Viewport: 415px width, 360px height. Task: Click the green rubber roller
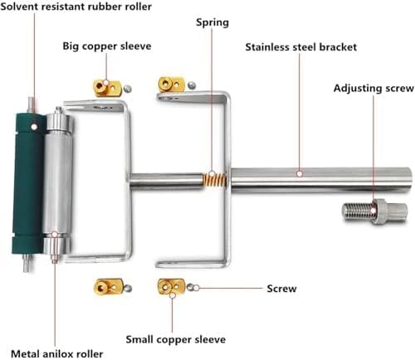27,182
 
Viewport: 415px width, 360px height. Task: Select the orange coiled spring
215,180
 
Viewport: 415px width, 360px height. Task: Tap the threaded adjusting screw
375,212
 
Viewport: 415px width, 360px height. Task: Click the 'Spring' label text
212,22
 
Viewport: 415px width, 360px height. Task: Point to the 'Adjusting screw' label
373,88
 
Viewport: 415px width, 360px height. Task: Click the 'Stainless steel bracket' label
301,47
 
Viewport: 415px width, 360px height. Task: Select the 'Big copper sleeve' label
107,46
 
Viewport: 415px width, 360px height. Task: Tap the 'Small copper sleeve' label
176,339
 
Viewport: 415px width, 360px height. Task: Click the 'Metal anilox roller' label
57,354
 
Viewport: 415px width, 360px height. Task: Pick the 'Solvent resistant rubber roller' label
76,7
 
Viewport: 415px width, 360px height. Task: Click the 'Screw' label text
281,289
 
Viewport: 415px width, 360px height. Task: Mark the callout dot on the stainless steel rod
300,174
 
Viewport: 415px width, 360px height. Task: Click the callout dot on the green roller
34,127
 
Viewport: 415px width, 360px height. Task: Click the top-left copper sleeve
107,87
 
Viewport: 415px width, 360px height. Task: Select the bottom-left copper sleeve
108,287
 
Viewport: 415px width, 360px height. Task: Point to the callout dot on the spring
212,174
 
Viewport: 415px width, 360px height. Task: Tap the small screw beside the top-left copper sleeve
127,89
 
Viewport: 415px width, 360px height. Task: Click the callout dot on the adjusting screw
373,211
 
